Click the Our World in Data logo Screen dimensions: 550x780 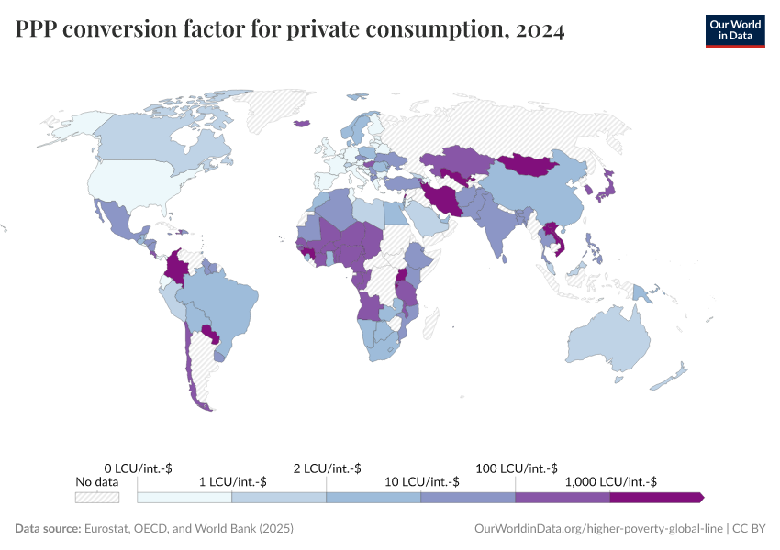(x=734, y=30)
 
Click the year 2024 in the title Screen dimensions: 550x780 (x=540, y=30)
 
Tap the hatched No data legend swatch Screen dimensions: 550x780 (x=96, y=497)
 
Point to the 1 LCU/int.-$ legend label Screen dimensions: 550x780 (x=232, y=481)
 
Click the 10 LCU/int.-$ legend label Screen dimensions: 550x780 (x=421, y=481)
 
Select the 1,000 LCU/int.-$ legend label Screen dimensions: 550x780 (x=610, y=481)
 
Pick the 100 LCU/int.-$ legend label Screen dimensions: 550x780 (x=516, y=468)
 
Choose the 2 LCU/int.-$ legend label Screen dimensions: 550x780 (x=327, y=468)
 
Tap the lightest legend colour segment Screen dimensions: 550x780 (x=184, y=497)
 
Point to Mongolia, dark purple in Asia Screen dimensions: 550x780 (x=530, y=165)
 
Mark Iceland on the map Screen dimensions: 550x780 (x=300, y=126)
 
